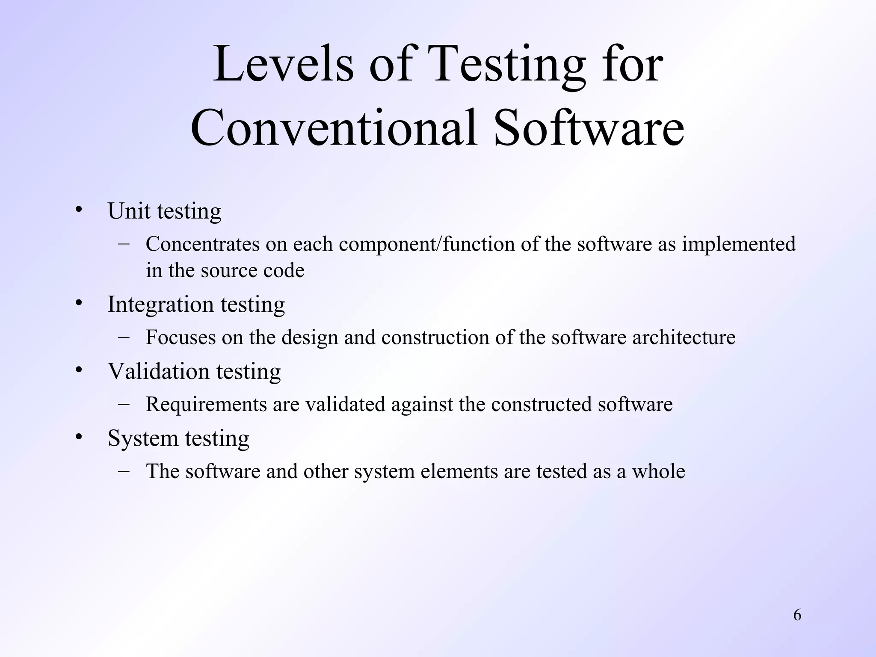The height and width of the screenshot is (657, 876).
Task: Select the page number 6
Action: pos(797,615)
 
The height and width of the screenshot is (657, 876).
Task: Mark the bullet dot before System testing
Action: pos(78,437)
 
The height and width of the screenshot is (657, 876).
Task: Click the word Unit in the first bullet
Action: pos(129,211)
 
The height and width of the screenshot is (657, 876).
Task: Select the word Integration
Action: pos(160,304)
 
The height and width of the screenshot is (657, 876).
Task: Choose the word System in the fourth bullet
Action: pos(143,438)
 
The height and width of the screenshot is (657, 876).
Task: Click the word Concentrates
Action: pos(203,244)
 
